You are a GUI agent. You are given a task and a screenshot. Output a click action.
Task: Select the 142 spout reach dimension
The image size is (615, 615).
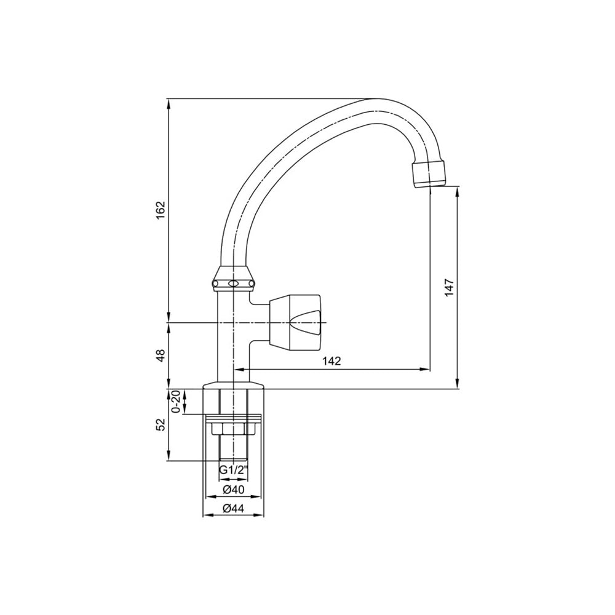[x=332, y=361]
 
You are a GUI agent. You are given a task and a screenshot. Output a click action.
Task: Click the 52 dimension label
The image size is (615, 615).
[x=161, y=424]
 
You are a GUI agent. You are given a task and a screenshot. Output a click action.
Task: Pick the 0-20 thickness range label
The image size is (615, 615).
[x=177, y=401]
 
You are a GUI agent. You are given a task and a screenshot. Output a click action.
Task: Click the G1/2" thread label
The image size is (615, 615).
[x=234, y=470]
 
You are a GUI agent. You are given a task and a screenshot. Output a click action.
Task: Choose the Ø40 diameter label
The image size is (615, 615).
[x=233, y=490]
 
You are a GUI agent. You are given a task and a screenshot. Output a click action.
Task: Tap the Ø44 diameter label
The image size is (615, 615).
[x=233, y=509]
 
